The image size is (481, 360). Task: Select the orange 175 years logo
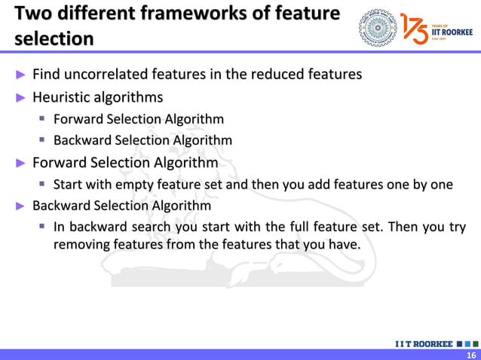[x=415, y=28]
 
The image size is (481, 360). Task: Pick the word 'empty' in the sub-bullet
[x=133, y=185]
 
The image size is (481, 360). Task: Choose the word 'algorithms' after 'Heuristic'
[x=129, y=97]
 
